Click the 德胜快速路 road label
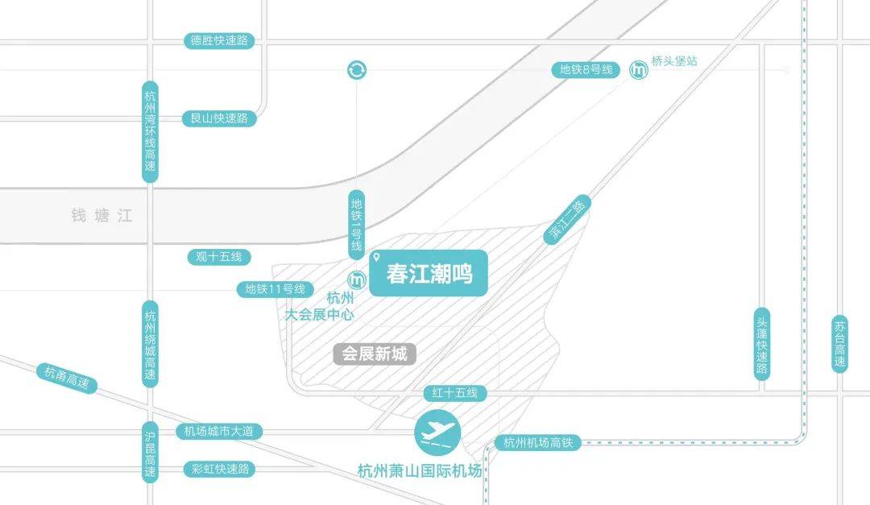click(x=219, y=40)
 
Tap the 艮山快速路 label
click(x=219, y=118)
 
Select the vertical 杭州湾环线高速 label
click(x=151, y=132)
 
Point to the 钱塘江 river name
click(x=102, y=215)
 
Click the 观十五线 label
click(x=219, y=257)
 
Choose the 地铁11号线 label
click(x=275, y=289)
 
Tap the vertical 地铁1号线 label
click(x=356, y=225)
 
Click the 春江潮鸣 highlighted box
click(x=429, y=273)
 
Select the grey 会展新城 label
click(x=375, y=354)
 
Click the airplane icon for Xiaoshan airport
click(x=437, y=433)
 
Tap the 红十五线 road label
click(x=455, y=393)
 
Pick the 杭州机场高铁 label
click(x=537, y=442)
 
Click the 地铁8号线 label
click(x=586, y=70)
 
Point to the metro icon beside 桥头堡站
click(x=639, y=70)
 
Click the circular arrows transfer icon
click(x=357, y=70)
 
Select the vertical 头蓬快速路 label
click(x=762, y=344)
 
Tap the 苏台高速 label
click(x=840, y=344)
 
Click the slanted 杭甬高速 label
click(x=67, y=378)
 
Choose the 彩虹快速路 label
click(x=220, y=469)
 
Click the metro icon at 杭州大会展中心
click(x=357, y=280)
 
